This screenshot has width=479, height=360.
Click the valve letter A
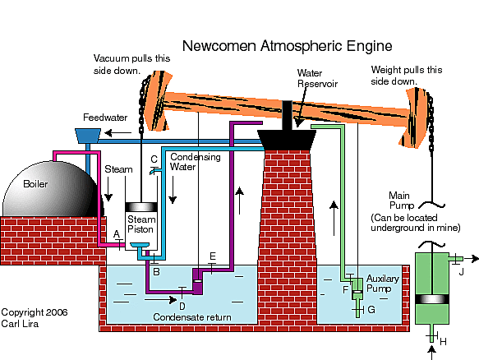(x=117, y=233)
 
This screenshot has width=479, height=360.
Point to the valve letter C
(x=154, y=159)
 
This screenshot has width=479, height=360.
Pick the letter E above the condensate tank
(x=212, y=256)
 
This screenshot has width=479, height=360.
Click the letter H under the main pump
(x=444, y=341)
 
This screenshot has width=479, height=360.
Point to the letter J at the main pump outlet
(x=461, y=270)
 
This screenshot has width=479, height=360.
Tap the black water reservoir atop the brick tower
(x=288, y=140)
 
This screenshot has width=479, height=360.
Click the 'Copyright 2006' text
(x=34, y=312)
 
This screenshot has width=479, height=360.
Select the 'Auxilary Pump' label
(x=382, y=284)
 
